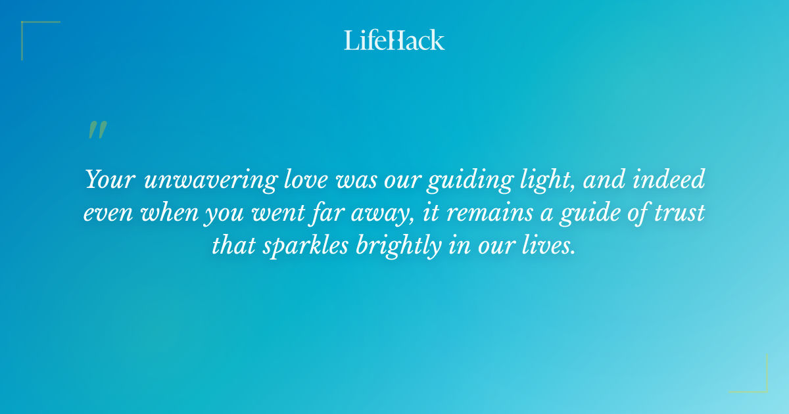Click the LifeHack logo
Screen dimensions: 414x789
tap(394, 40)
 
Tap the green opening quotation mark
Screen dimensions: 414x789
tap(97, 130)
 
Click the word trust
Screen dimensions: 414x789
tap(678, 213)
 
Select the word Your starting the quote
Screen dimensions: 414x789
tap(111, 179)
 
